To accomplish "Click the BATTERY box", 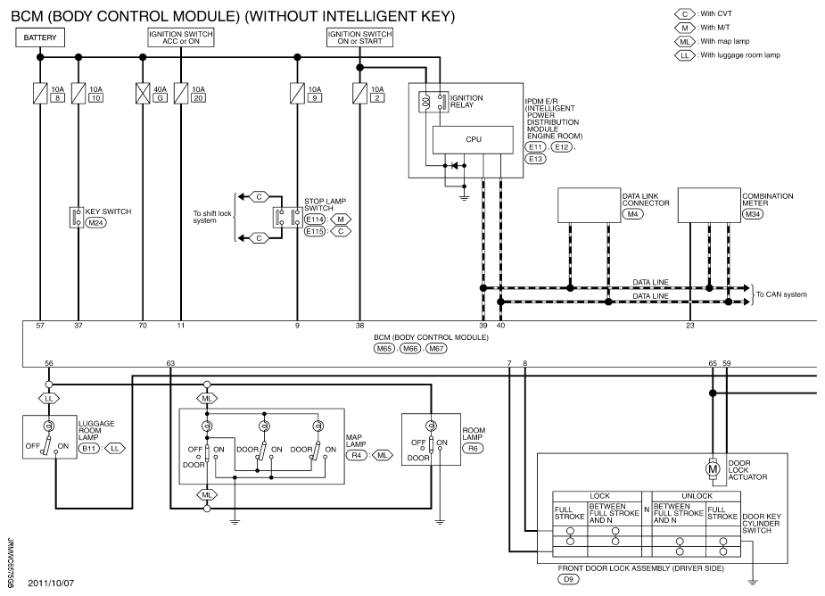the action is [x=40, y=37].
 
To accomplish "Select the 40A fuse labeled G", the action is [x=143, y=93].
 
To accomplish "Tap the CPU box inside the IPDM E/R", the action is [x=473, y=139].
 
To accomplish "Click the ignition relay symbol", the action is [x=433, y=102].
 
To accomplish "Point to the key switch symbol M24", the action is [x=77, y=217].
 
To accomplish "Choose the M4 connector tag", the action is [x=632, y=214].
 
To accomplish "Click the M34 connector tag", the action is [x=753, y=214].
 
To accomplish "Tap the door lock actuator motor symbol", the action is [x=713, y=468].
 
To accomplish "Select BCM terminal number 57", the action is [x=40, y=326].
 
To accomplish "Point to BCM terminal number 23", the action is [x=689, y=326].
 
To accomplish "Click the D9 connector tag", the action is [x=568, y=579].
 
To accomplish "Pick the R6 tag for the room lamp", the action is [x=473, y=448].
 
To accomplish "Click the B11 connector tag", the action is [x=89, y=449].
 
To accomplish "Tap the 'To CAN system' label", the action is [x=781, y=294].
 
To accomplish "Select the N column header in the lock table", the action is [x=647, y=509].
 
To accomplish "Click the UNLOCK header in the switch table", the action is [x=697, y=496].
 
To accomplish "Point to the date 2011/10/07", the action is [x=51, y=583].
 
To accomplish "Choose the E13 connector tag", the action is [x=536, y=159].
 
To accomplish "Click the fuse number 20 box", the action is [x=198, y=98].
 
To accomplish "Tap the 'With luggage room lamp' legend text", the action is [x=740, y=54].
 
